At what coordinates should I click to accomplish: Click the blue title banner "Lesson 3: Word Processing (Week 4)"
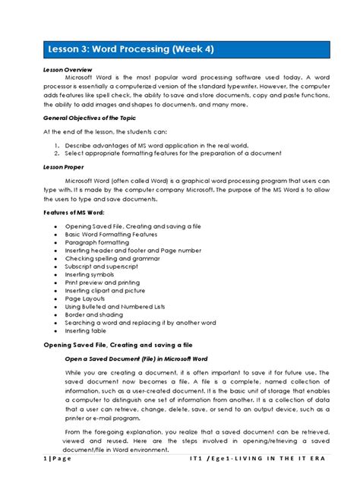pos(180,49)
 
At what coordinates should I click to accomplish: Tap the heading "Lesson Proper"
pos(63,166)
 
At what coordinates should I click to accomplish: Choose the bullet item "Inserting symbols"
pos(92,275)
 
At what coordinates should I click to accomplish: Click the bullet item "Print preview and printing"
pos(106,283)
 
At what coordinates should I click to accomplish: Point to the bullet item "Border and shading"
pos(95,315)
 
